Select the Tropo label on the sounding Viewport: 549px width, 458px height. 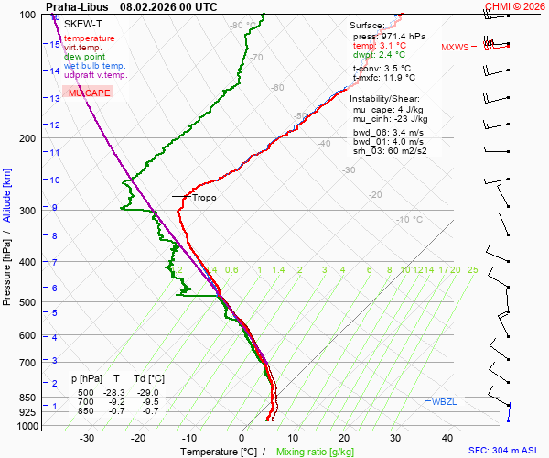(204, 197)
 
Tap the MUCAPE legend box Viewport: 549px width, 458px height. (88, 93)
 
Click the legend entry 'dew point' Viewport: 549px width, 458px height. (84, 57)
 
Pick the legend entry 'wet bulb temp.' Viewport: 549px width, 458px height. (95, 66)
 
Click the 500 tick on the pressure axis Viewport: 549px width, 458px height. (31, 302)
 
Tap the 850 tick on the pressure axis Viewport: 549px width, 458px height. (31, 398)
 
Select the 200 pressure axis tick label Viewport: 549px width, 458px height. (31, 138)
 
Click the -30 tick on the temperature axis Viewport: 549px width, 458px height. (87, 438)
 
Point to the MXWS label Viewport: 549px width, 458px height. (455, 47)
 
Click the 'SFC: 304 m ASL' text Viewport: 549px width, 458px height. (505, 451)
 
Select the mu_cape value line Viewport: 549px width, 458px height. (383, 109)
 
